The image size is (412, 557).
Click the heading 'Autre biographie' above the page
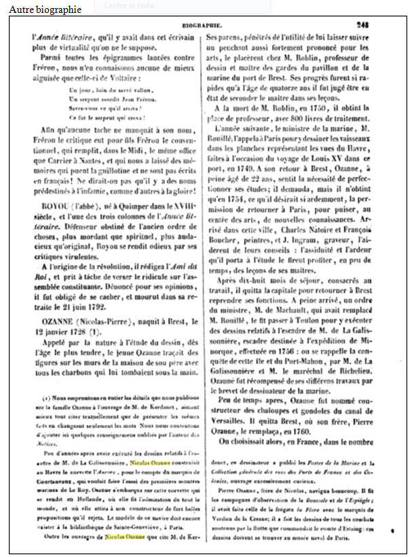[x=45, y=10]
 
